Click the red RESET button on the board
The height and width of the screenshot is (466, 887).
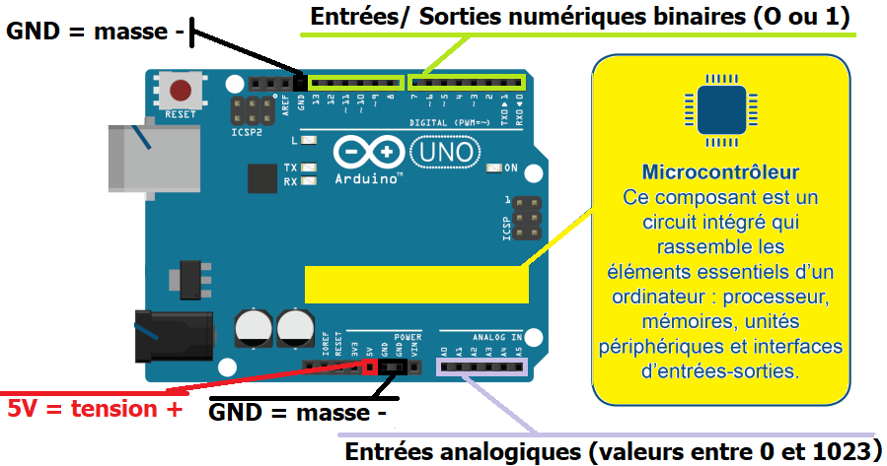[181, 92]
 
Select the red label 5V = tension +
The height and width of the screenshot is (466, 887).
[95, 408]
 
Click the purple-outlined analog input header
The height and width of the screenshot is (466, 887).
[481, 367]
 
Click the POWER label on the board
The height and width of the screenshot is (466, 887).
[407, 337]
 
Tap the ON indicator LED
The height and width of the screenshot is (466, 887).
[494, 168]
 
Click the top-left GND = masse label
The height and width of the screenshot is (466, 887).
[96, 31]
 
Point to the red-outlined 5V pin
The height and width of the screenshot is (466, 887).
[369, 367]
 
